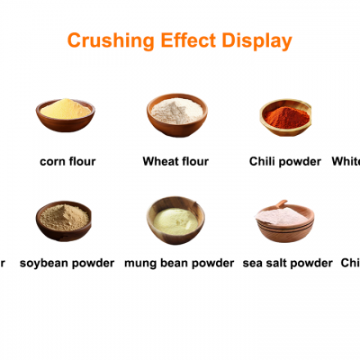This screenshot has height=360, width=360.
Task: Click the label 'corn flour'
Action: point(67,162)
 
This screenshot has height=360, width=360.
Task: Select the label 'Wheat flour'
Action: point(176,162)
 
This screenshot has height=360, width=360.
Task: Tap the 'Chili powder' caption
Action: point(285,162)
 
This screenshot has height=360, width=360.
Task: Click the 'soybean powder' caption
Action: point(67,263)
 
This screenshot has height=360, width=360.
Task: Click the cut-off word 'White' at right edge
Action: point(346,162)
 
